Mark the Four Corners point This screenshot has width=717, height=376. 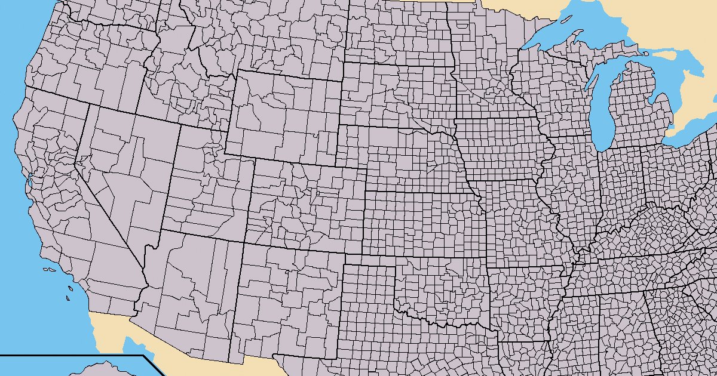point(244,242)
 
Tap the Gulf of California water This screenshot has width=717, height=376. point(134,346)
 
